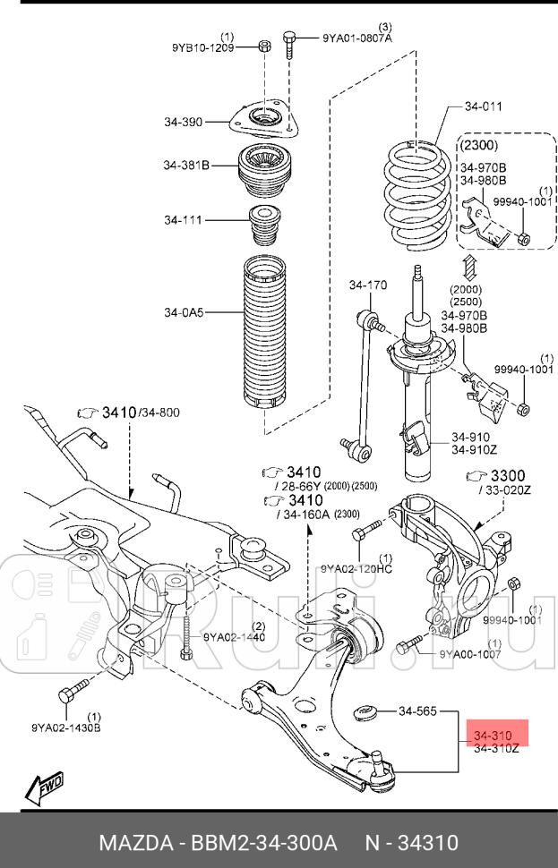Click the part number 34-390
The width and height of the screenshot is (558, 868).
coord(183,122)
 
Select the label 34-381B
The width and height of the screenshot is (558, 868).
coord(186,165)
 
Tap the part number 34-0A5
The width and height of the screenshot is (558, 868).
coord(184,312)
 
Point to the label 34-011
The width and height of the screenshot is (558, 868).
coord(483,106)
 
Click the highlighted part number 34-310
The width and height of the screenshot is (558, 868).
coord(493,736)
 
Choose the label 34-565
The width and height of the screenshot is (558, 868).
coord(417,711)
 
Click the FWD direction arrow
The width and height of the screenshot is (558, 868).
coord(45,786)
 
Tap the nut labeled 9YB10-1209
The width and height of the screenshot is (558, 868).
coord(264,46)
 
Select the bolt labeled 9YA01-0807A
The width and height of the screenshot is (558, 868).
coord(289,44)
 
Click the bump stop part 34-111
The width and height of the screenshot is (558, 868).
coord(264,225)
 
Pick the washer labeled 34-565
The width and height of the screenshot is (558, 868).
coord(365,712)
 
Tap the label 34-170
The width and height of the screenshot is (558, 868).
coord(368,285)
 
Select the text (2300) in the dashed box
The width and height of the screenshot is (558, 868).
coord(479,145)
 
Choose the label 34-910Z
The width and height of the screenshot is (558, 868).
coord(475,449)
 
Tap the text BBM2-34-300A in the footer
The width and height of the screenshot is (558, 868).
coord(263,843)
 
